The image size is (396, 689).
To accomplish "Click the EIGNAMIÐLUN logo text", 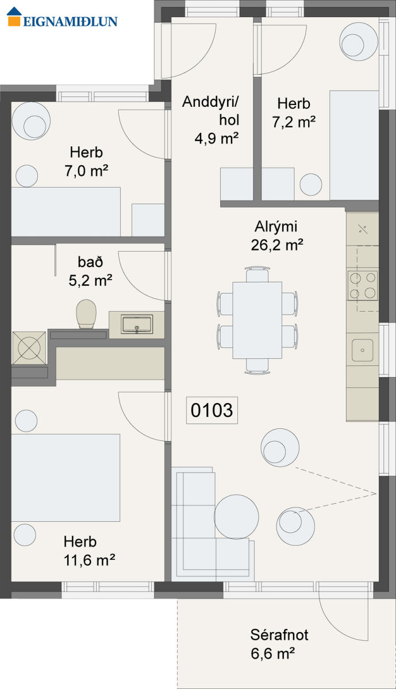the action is [x=70, y=21].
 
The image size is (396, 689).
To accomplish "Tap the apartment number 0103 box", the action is [x=212, y=410].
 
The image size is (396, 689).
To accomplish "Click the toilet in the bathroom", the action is [x=86, y=314].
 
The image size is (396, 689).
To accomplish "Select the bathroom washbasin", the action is [x=137, y=324].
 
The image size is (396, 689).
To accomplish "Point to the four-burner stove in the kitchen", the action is [x=363, y=286].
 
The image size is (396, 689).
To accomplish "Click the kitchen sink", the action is [x=363, y=350].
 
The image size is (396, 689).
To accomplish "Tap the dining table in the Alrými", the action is [x=257, y=320].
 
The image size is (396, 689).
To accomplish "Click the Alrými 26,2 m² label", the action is [x=276, y=236].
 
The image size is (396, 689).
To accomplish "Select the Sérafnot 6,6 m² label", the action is [x=279, y=644].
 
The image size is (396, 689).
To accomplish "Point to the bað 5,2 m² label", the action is [x=90, y=271].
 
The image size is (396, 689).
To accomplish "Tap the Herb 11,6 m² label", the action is [x=89, y=551].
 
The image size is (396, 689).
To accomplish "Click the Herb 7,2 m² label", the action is [x=294, y=113].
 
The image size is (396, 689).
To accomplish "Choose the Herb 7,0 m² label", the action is [x=86, y=162].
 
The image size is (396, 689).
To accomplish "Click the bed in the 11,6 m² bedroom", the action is [x=66, y=478].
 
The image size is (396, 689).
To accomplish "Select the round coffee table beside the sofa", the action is [x=236, y=517].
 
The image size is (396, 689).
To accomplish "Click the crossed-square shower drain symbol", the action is [x=29, y=348].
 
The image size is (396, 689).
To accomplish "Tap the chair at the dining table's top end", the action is [x=257, y=274].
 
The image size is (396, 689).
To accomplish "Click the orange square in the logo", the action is [x=14, y=21].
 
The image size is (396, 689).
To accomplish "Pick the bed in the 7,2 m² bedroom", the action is [x=354, y=145].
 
